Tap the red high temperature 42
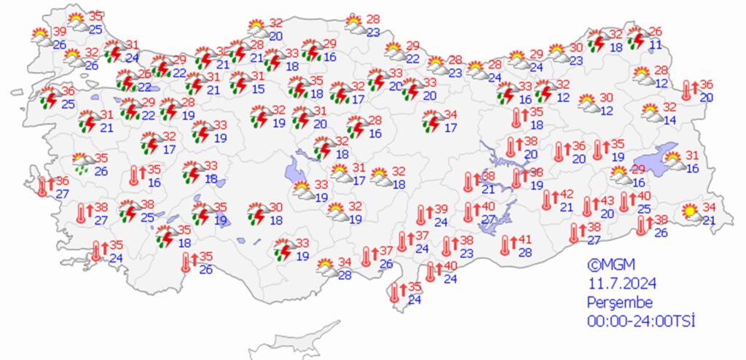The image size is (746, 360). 566,195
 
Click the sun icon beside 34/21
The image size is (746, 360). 688,214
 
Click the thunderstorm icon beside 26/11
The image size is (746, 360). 638,38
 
